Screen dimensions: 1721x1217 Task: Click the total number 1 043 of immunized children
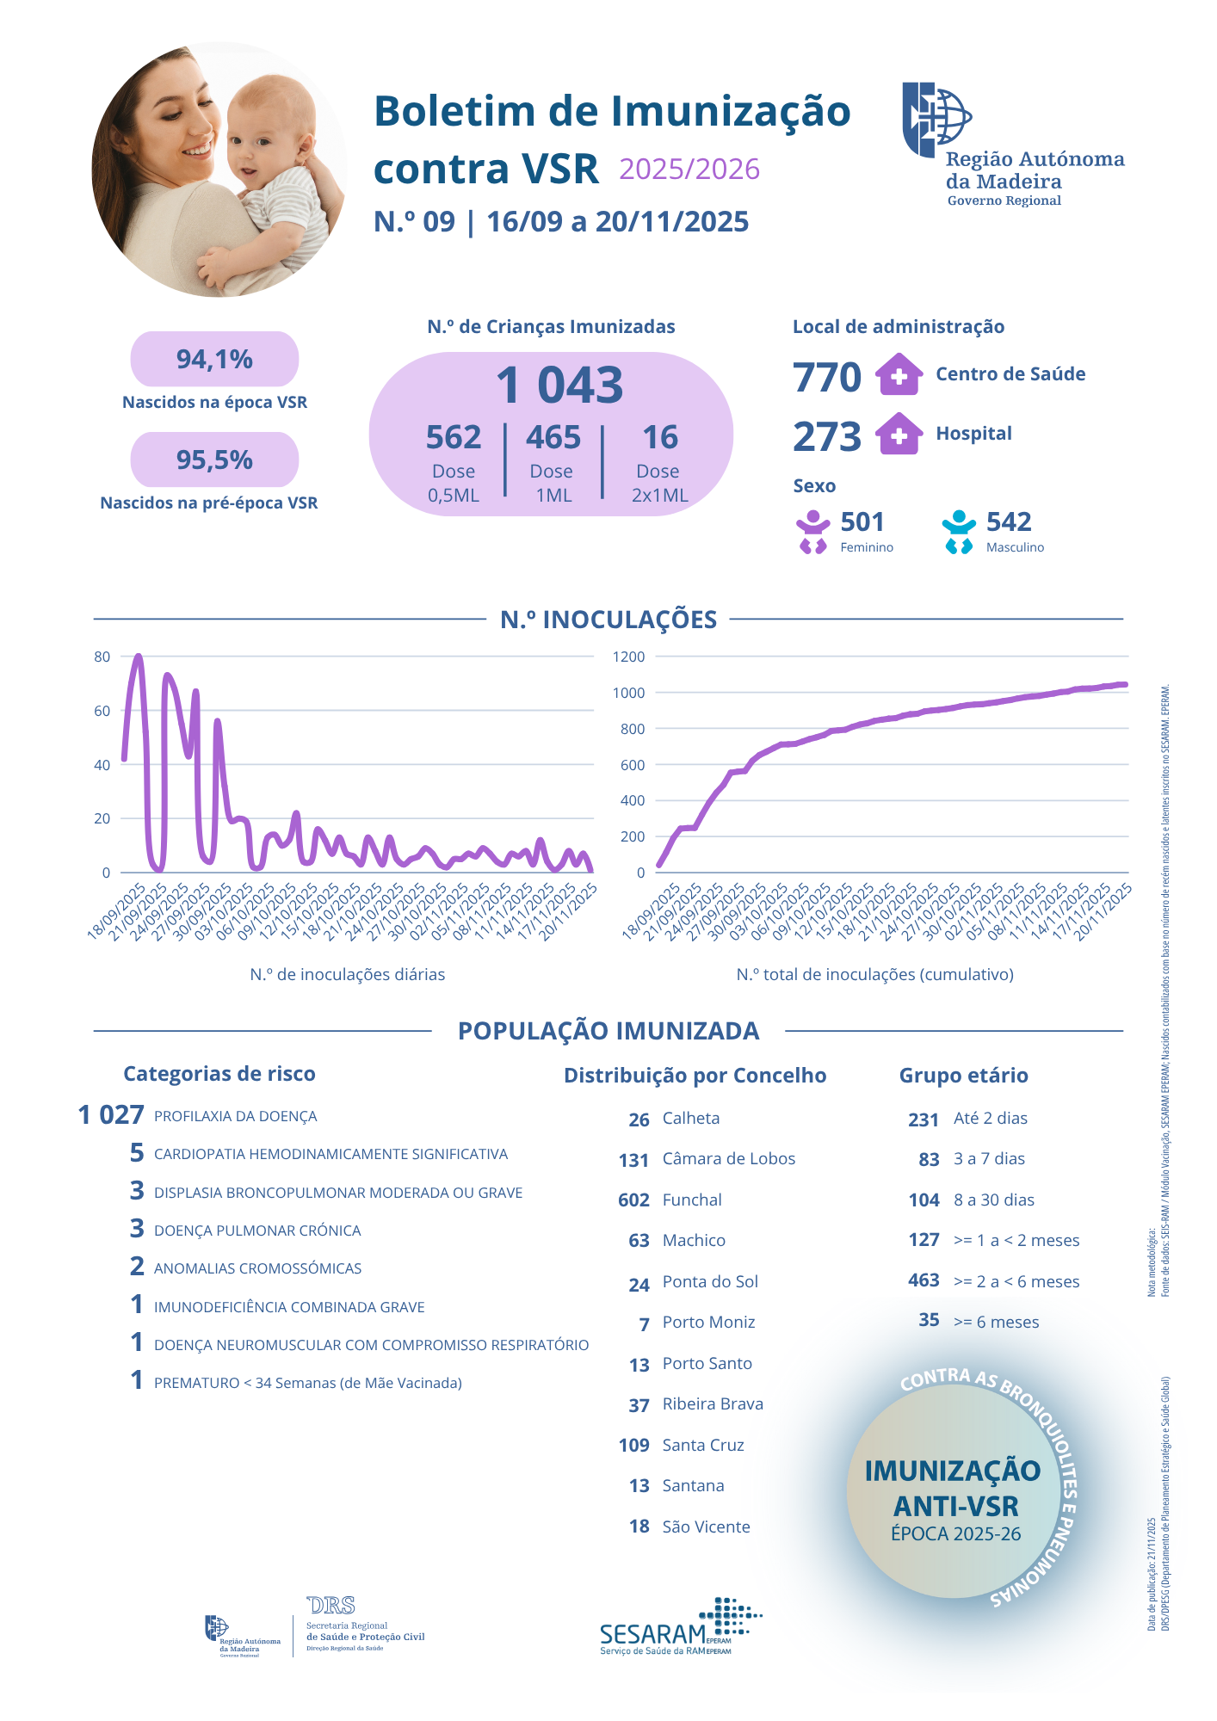click(x=559, y=385)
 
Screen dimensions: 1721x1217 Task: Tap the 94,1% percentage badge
click(x=214, y=359)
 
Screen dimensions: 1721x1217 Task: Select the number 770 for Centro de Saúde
click(x=826, y=377)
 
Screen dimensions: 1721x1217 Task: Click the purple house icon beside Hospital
click(x=899, y=434)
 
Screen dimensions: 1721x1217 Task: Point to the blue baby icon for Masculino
click(x=958, y=532)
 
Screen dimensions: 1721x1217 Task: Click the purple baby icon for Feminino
click(x=812, y=532)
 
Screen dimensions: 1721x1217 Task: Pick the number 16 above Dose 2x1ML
click(x=660, y=437)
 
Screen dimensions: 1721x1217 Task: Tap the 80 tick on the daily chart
click(x=102, y=657)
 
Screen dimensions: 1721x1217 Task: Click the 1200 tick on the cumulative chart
click(x=628, y=657)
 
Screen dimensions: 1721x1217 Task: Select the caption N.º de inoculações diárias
click(x=348, y=974)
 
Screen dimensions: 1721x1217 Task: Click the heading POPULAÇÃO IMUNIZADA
click(x=608, y=1030)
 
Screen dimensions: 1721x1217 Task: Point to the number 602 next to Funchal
click(x=633, y=1200)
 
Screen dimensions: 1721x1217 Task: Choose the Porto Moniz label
click(x=708, y=1322)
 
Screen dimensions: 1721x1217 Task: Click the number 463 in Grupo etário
click(x=924, y=1280)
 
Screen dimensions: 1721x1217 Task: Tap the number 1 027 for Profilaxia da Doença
click(x=111, y=1115)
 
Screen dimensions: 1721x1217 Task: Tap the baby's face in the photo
click(x=266, y=138)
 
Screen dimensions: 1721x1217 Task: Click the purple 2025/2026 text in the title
click(x=689, y=170)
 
